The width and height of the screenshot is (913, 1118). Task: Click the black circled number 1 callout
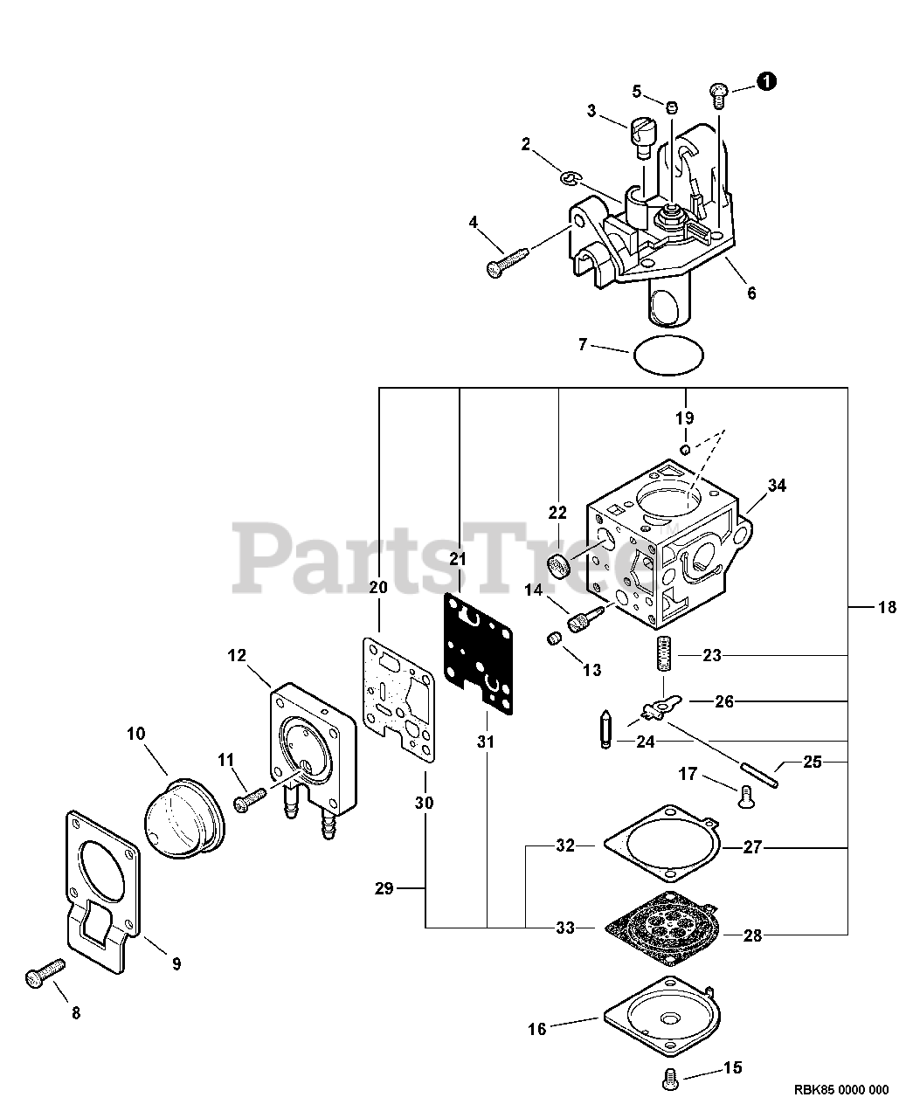coord(765,81)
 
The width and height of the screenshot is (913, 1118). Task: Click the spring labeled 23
coord(663,653)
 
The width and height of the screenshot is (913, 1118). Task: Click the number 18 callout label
coord(887,607)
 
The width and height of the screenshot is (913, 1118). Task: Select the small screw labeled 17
coord(743,795)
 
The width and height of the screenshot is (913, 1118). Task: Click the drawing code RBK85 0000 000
coord(840,1089)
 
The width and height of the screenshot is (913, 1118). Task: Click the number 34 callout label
coord(777,486)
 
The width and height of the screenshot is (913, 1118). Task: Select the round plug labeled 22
coord(559,567)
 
